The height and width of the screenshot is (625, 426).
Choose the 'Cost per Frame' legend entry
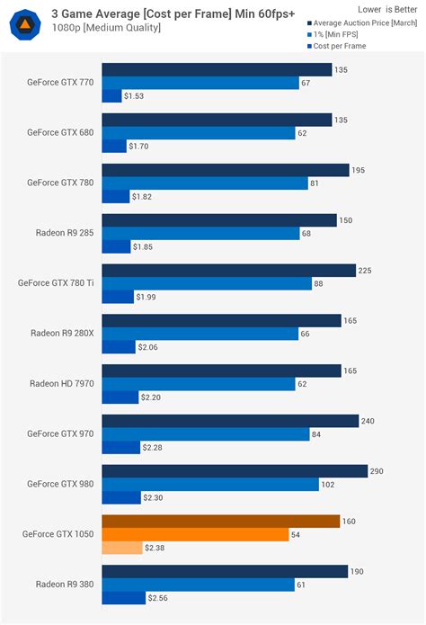(342, 46)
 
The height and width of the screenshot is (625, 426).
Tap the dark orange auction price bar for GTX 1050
(221, 521)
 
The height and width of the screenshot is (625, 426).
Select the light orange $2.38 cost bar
(122, 548)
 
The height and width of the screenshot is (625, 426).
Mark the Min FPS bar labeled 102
(210, 485)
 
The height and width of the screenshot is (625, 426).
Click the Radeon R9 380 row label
(63, 585)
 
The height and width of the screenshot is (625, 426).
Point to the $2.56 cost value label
(159, 598)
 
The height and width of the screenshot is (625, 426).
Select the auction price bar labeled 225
(229, 270)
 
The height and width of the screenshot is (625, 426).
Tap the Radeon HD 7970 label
(61, 384)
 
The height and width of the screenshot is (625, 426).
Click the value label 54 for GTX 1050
(297, 534)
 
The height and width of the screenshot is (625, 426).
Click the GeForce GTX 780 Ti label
(55, 283)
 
